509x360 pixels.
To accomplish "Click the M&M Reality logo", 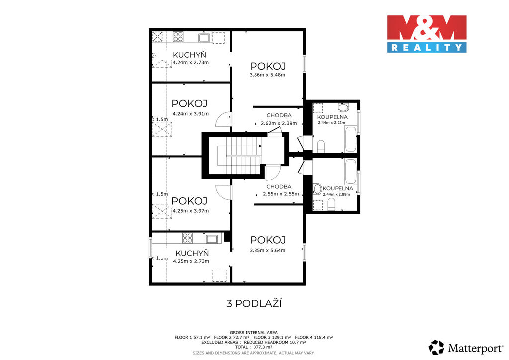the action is [x=426, y=34].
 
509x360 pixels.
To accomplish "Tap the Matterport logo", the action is [x=466, y=348].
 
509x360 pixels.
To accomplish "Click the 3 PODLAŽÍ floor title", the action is [x=254, y=303].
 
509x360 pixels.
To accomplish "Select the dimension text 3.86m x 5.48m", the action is [x=267, y=75].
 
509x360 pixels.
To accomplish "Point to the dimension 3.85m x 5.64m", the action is [x=267, y=250].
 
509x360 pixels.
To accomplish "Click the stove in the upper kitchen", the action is [x=178, y=36].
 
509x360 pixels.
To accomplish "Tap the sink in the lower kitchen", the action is [x=212, y=239].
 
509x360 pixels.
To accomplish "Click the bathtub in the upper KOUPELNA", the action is [x=351, y=139].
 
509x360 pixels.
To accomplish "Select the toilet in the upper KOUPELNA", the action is [x=321, y=146].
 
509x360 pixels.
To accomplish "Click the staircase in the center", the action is [x=240, y=155].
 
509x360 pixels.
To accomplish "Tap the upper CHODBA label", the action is [x=279, y=115].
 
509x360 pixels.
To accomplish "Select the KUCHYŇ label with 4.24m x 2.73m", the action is [x=190, y=58].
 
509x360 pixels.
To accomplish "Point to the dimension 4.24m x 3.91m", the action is [x=190, y=114].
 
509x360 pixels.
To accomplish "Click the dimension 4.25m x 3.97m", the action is [x=191, y=211].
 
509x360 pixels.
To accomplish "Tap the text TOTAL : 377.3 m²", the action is [x=254, y=347].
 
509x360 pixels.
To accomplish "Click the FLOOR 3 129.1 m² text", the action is [x=272, y=337].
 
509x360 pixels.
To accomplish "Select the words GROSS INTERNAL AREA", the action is [x=254, y=333].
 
